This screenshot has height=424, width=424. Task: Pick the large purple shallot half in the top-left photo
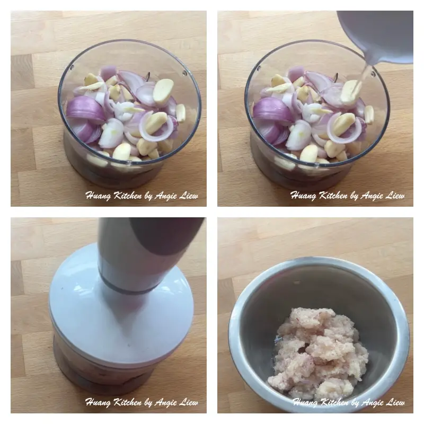[85, 110]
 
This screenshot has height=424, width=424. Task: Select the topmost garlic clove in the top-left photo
[163, 91]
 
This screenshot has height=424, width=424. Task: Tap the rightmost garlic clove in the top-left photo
[181, 113]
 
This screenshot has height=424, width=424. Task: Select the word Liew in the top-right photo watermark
[394, 196]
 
